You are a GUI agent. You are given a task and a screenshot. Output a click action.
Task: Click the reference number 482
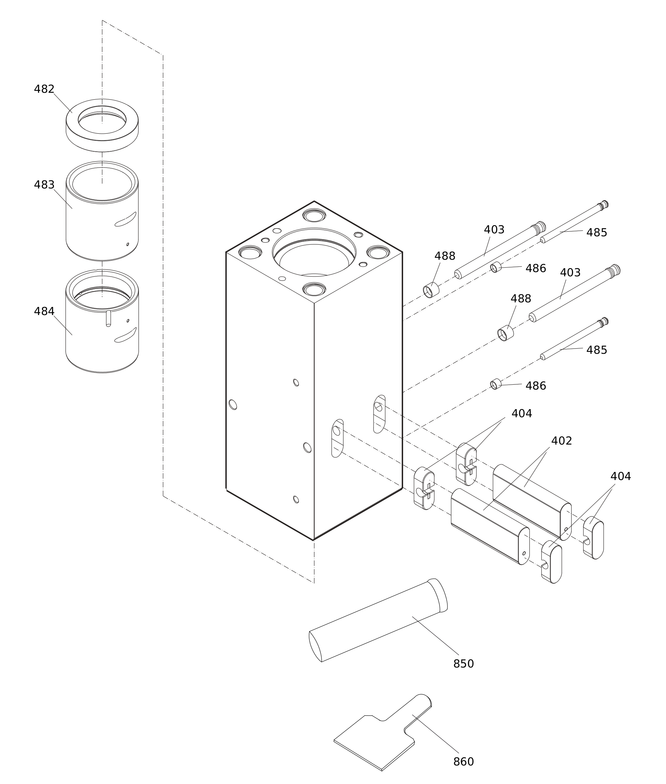tap(44, 89)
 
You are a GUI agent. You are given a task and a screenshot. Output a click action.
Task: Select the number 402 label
tap(562, 441)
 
